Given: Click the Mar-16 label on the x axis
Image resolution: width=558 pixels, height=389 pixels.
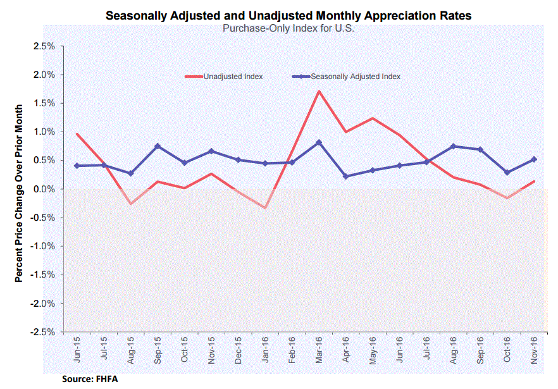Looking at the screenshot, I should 319,352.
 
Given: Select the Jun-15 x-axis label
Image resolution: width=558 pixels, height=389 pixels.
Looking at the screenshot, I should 77,352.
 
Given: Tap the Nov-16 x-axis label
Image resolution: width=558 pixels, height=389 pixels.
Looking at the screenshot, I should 534,352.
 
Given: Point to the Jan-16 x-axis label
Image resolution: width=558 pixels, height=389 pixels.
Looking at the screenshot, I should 266,352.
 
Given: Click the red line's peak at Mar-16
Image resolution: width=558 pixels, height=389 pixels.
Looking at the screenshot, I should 319,91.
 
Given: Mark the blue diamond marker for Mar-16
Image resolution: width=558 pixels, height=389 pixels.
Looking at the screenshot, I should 319,142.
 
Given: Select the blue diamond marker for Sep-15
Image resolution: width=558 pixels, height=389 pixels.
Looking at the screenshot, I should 158,146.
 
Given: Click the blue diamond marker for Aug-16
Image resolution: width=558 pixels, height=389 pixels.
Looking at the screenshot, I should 454,146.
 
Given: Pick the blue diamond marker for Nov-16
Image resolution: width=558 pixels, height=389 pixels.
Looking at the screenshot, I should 534,159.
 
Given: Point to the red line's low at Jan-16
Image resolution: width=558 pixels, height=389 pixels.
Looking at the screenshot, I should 265,208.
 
